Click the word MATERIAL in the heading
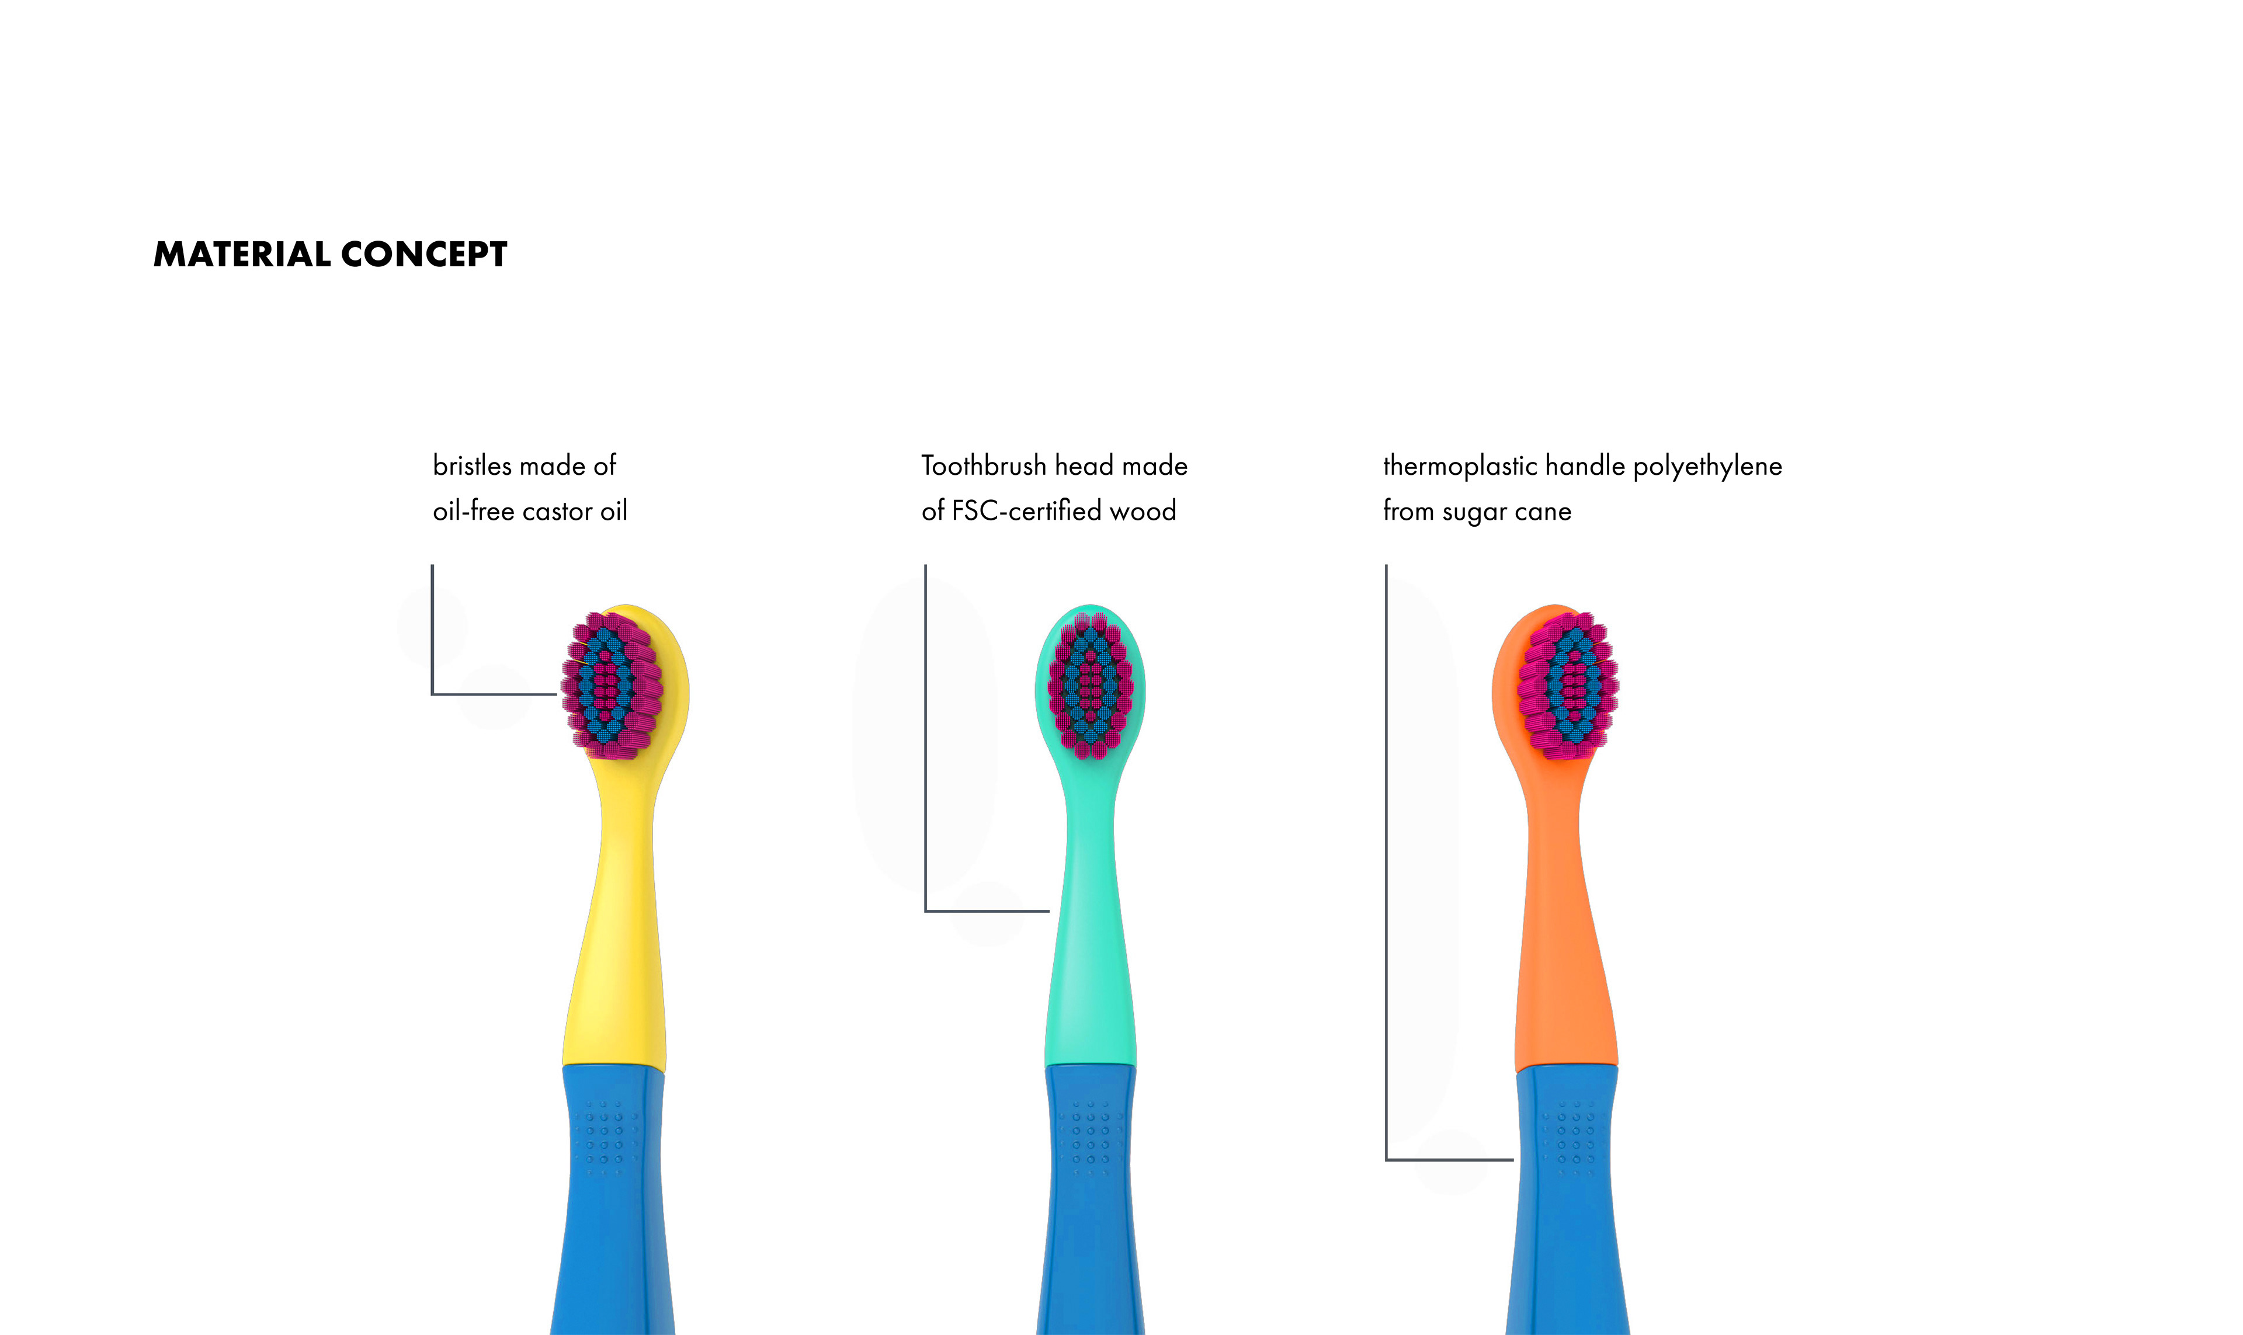coord(242,255)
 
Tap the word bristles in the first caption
coord(471,466)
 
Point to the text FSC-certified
coord(1026,511)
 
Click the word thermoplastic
coord(1459,466)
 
